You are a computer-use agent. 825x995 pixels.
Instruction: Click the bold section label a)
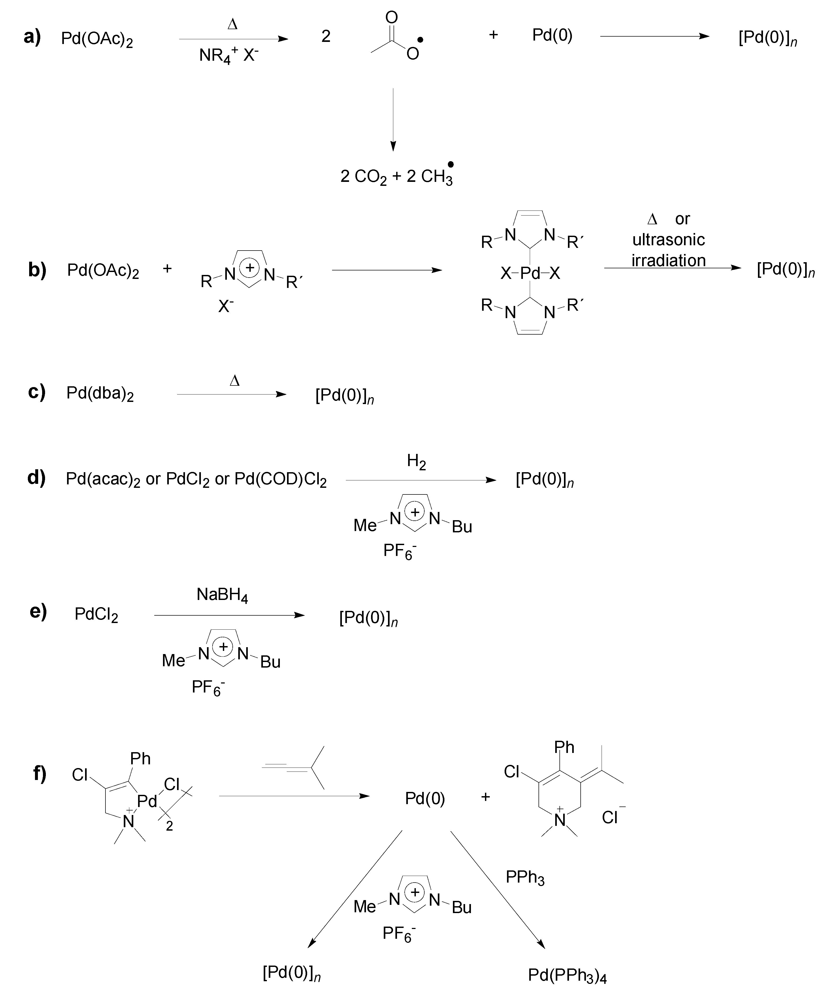32,37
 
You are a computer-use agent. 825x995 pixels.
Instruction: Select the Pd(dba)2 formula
100,394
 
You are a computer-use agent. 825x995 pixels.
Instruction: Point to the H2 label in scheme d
416,461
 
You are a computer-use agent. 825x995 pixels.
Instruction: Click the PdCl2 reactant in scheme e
96,615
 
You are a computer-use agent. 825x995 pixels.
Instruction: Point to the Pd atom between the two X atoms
530,273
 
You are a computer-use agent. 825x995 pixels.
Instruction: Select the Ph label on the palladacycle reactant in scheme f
140,759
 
